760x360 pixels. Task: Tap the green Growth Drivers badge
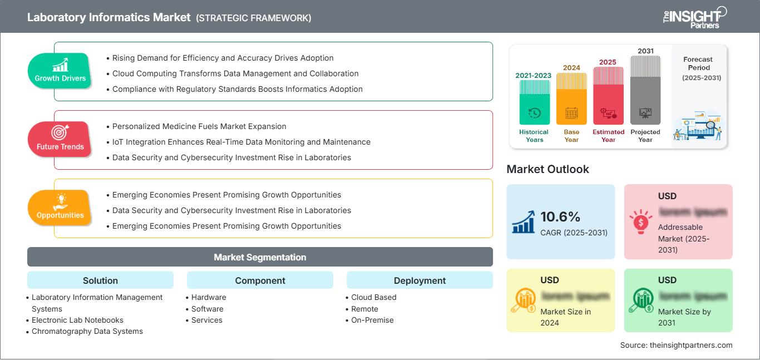(x=60, y=71)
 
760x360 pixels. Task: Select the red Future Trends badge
(x=60, y=140)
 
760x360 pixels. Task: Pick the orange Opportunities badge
(x=60, y=208)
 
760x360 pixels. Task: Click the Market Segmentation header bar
(x=260, y=257)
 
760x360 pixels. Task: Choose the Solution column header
(x=100, y=280)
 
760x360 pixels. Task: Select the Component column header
(x=260, y=280)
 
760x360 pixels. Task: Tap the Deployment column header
(x=420, y=280)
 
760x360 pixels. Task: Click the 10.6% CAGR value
(x=560, y=216)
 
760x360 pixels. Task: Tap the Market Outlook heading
(x=547, y=169)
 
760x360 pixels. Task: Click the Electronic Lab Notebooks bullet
(x=77, y=320)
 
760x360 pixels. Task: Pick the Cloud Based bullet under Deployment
(x=374, y=297)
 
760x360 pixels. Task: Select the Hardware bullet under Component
(x=209, y=297)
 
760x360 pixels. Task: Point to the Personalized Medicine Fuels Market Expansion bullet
(x=199, y=126)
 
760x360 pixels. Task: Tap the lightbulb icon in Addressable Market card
(x=640, y=221)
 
